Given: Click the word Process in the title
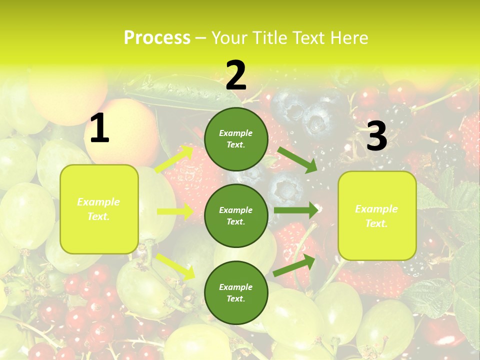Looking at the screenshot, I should click(157, 38).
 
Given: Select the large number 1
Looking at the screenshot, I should click(99, 129).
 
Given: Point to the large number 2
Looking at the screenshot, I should click(236, 76).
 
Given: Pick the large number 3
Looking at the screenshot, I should click(376, 136).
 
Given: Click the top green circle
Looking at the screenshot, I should click(236, 139).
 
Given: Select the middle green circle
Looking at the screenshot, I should click(236, 215).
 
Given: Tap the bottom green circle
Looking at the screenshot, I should click(236, 292).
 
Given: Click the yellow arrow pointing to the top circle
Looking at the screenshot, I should click(174, 159).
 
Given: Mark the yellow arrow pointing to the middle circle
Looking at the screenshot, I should click(175, 211).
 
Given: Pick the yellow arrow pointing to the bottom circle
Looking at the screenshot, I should click(175, 266).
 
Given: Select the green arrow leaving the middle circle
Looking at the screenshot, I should click(296, 210).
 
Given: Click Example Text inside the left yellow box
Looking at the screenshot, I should click(98, 209).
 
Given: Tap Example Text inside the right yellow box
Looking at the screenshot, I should click(376, 216).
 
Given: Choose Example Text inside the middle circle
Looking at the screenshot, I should click(236, 215).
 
